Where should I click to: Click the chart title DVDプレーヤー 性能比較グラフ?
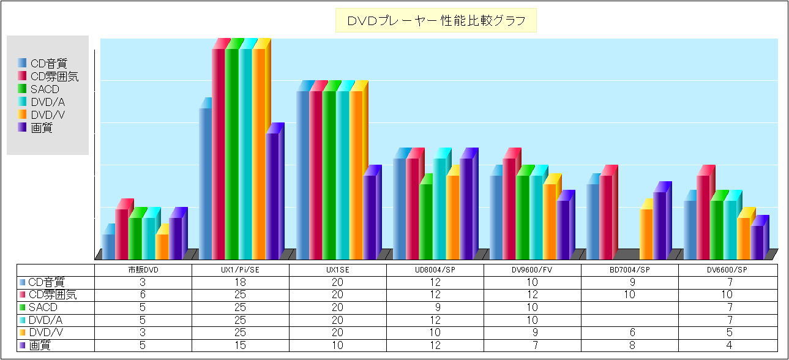tap(436, 21)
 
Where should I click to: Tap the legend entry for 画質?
tap(41, 128)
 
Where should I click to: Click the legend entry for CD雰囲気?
tap(54, 77)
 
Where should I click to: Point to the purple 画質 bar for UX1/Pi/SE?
tap(272, 196)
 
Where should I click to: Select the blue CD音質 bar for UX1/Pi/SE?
tap(205, 184)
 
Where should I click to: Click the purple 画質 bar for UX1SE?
tap(369, 217)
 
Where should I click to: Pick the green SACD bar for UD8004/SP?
tap(425, 222)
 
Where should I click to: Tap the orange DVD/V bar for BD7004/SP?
tap(646, 234)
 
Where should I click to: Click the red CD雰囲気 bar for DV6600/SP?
tap(703, 217)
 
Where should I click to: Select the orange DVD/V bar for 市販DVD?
tap(162, 246)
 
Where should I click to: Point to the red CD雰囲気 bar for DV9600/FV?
tap(509, 208)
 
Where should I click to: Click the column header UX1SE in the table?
tap(338, 270)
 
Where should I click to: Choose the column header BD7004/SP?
tap(630, 270)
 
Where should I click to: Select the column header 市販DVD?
tap(143, 270)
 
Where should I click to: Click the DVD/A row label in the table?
tap(47, 320)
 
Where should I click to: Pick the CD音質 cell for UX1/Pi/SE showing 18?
tap(241, 282)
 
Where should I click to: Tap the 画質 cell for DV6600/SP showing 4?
tap(727, 345)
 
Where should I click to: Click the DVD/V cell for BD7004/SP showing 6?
tap(630, 332)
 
